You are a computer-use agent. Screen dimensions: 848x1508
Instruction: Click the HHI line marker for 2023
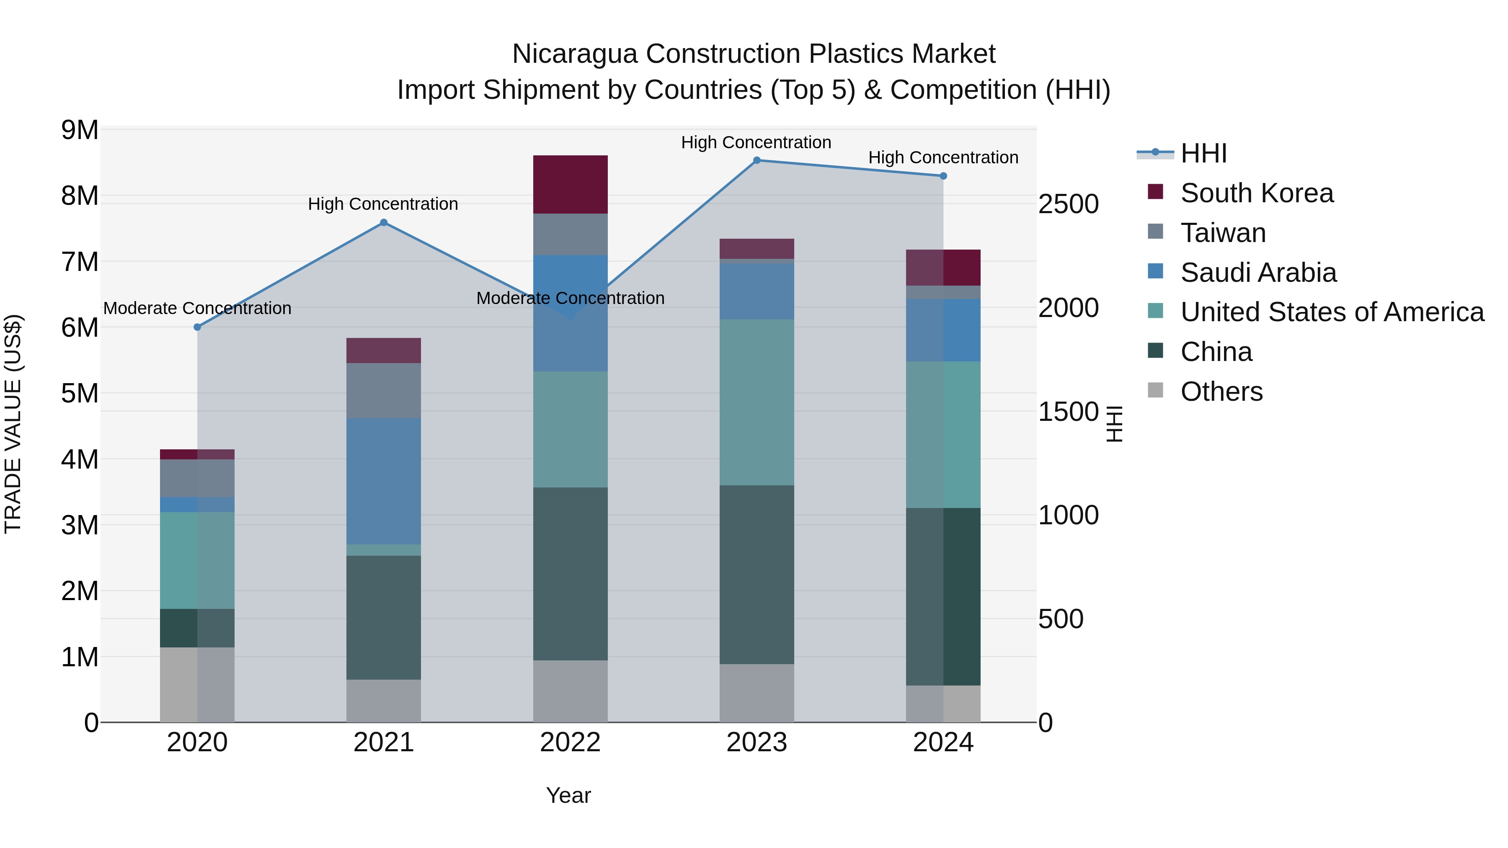tap(757, 160)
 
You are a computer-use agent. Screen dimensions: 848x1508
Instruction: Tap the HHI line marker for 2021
tap(383, 222)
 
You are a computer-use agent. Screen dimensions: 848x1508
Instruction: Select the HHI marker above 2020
tap(197, 327)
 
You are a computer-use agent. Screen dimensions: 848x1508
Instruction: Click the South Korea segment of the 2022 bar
tap(570, 184)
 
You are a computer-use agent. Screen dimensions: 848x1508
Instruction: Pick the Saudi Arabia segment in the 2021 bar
tap(383, 481)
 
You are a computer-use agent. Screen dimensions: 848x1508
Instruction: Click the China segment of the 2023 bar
tap(757, 574)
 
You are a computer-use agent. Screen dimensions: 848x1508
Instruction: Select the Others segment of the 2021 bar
tap(383, 701)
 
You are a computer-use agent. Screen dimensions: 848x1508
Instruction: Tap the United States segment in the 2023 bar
tap(757, 402)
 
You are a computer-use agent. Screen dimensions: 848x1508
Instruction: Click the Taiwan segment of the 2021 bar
tap(383, 390)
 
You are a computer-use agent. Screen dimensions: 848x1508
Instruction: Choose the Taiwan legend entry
tap(1222, 233)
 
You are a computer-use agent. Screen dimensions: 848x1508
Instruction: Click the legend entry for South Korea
tap(1256, 193)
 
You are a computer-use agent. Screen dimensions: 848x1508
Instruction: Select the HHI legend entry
tap(1203, 153)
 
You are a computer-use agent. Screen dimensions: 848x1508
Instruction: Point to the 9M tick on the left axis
tap(80, 130)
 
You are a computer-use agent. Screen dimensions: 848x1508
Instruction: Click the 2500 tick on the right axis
tap(1068, 204)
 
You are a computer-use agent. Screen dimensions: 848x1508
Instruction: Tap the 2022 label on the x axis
tap(570, 742)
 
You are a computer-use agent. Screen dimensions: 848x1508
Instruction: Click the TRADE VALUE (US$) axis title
tap(13, 424)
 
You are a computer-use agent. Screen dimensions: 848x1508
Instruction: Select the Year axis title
tap(568, 795)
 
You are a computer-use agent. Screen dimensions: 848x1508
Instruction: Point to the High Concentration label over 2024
tap(943, 157)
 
